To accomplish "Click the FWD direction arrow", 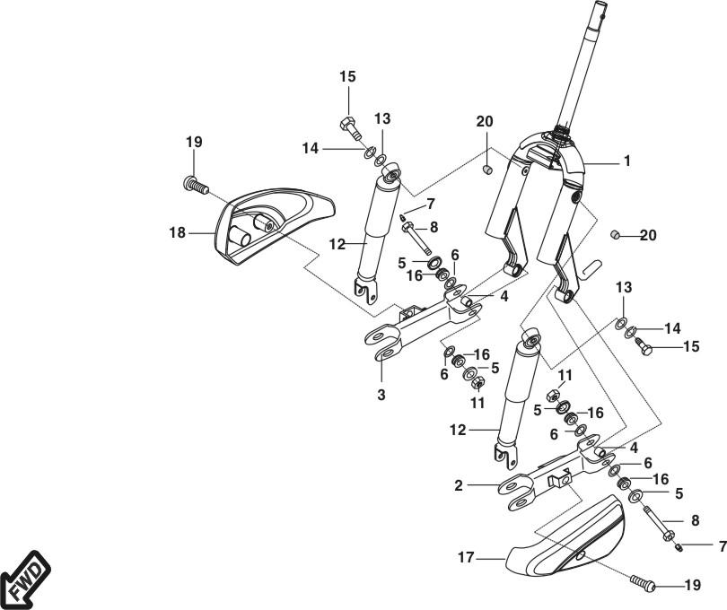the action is click(25, 579).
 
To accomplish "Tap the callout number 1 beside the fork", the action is click(626, 161).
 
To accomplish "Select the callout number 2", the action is click(459, 485).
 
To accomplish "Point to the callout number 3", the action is click(381, 395).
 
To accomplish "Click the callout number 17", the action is click(466, 558).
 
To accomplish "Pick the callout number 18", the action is click(177, 232).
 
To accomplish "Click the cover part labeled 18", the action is click(274, 226).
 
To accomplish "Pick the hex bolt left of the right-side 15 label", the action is click(643, 346).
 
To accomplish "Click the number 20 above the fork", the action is click(485, 121).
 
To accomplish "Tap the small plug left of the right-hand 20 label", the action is click(615, 234).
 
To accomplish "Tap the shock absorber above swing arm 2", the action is click(518, 398).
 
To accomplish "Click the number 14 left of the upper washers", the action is click(311, 149).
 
